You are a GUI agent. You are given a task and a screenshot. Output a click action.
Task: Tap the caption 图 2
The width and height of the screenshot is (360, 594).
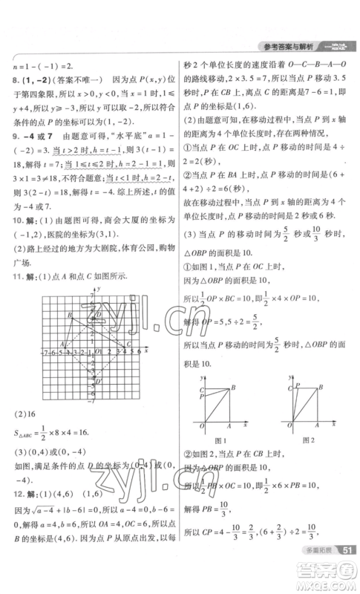tap(309, 440)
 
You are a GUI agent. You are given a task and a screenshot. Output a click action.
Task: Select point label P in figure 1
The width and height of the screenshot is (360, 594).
tap(202, 398)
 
